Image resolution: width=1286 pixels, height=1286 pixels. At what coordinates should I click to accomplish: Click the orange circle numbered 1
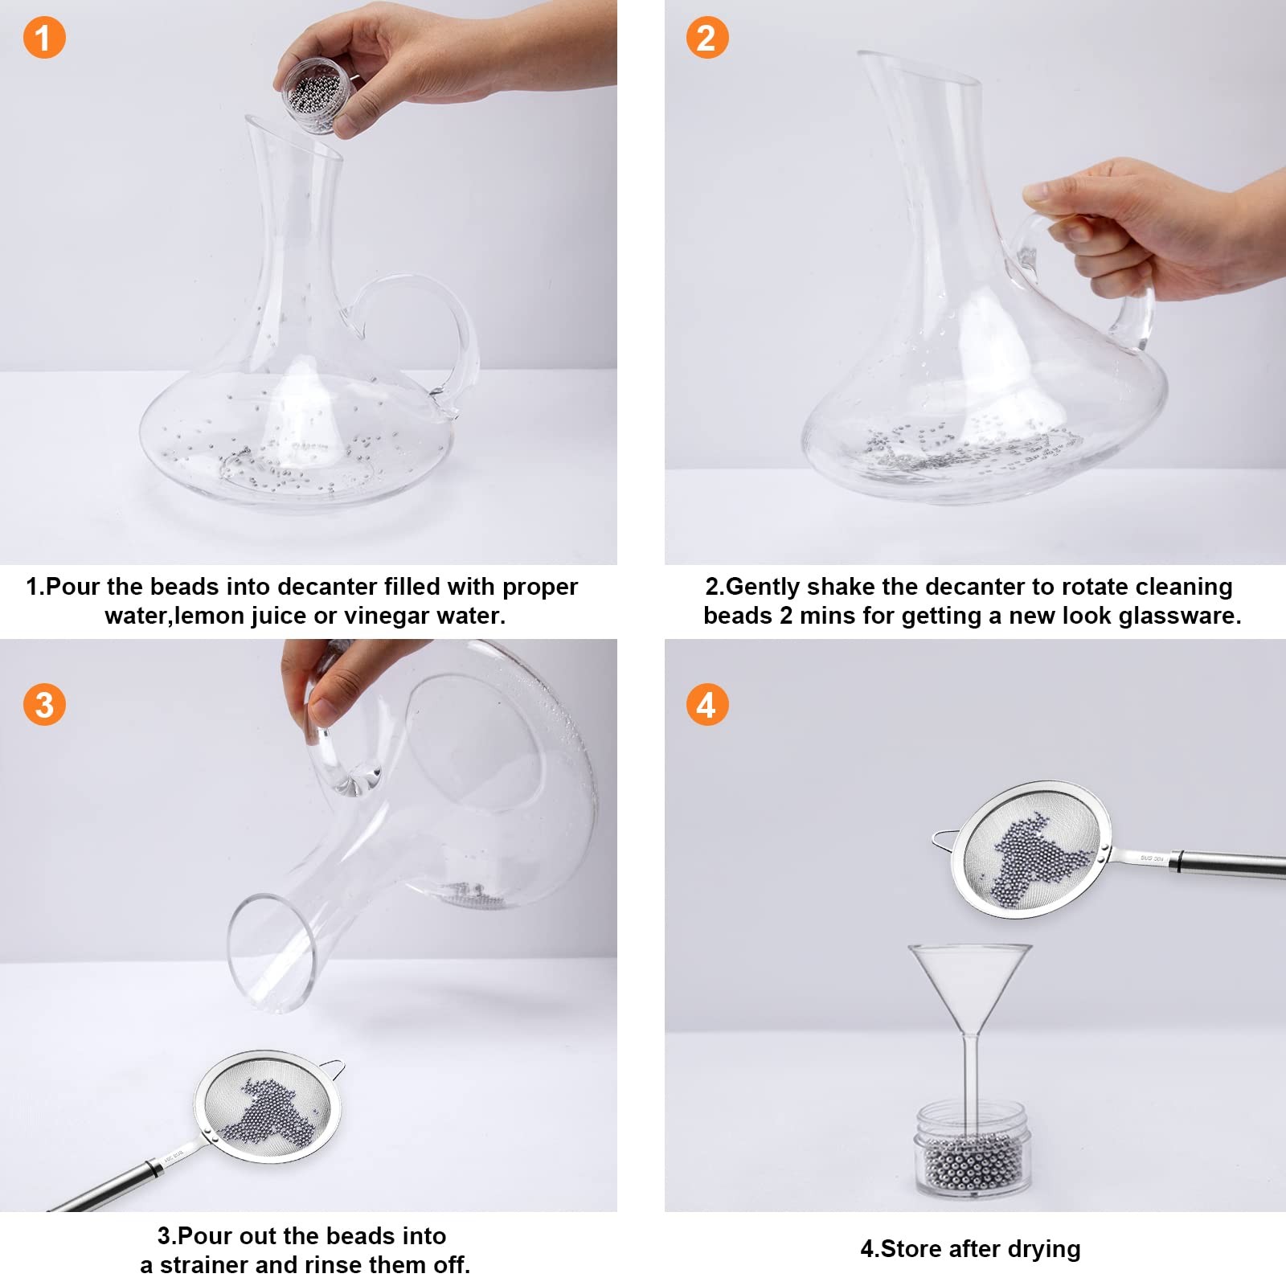44,38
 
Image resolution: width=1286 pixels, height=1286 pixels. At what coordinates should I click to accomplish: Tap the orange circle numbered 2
706,38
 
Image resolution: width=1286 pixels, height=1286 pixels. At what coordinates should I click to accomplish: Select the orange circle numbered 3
44,705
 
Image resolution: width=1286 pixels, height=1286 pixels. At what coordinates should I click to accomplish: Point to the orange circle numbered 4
706,705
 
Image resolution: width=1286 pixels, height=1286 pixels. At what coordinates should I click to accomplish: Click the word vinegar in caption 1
387,616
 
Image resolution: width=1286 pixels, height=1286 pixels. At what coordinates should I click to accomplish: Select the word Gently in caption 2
764,587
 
